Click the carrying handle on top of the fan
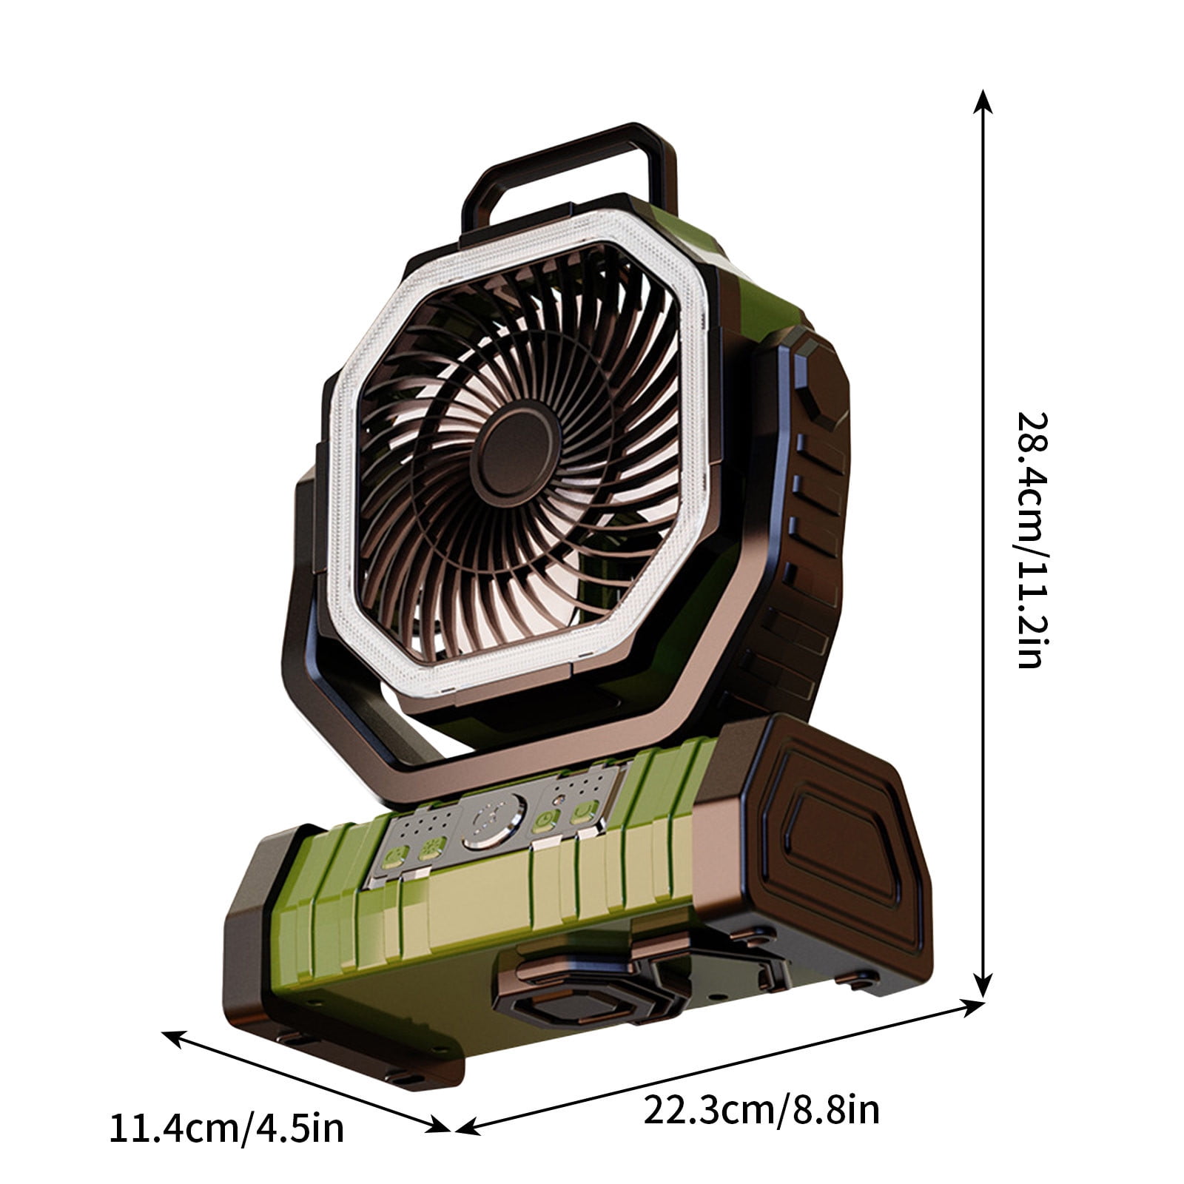pos(570,148)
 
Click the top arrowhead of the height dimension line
pos(982,99)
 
